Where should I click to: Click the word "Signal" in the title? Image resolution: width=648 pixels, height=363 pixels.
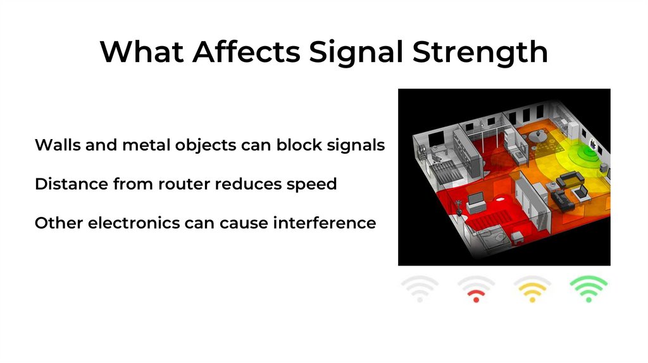tap(356, 52)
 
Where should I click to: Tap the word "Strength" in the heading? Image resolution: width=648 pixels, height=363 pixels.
tap(480, 52)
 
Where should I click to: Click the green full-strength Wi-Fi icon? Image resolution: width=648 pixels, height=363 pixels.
tap(589, 290)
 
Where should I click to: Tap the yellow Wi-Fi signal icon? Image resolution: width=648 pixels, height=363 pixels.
tap(532, 290)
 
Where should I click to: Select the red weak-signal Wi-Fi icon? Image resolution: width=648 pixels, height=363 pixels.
tap(476, 290)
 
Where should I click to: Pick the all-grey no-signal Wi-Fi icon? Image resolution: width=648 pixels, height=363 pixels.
tap(420, 290)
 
